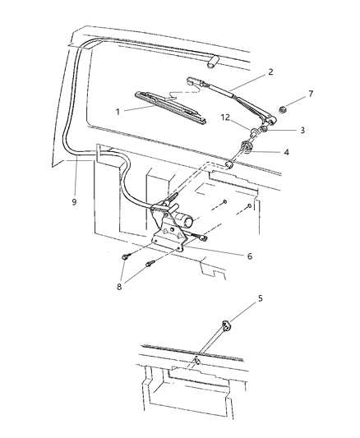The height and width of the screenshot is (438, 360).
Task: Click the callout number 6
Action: point(250,256)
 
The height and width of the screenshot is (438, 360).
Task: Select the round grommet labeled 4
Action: point(247,149)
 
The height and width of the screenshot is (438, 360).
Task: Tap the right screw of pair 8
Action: point(150,264)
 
